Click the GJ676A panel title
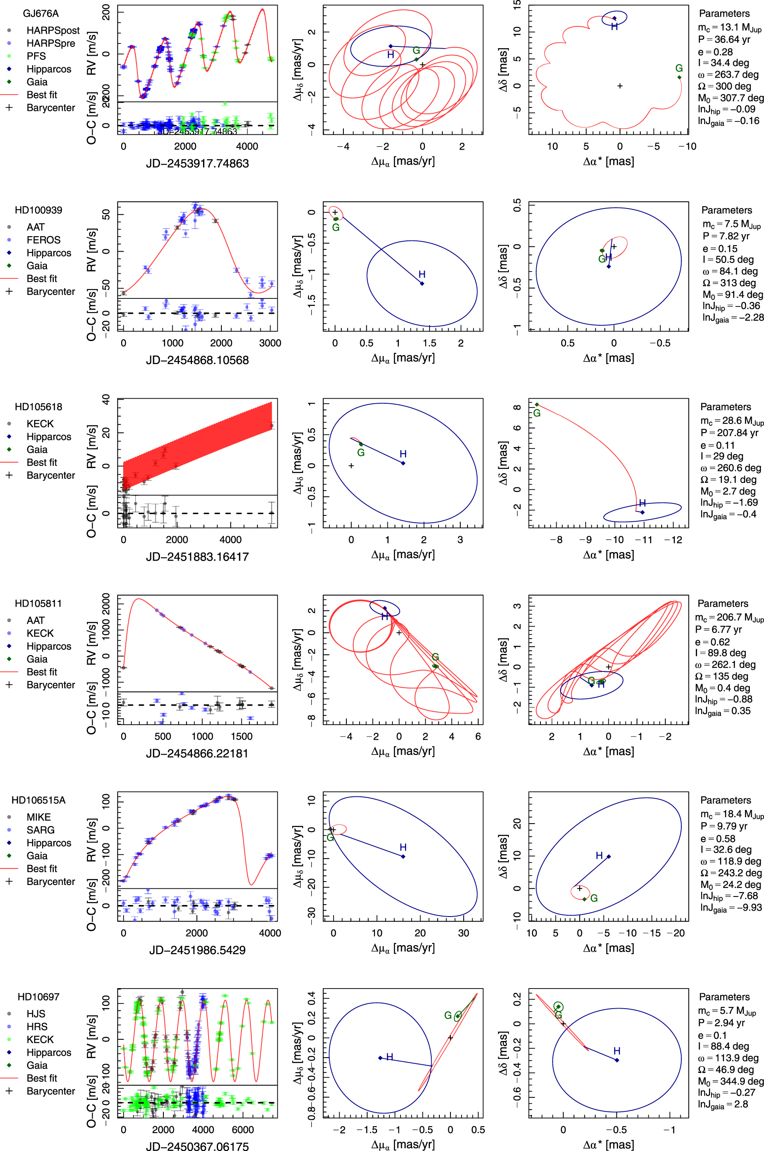click(x=41, y=14)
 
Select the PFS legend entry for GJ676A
click(x=36, y=56)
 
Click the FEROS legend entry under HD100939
click(x=44, y=240)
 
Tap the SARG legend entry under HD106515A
click(x=41, y=830)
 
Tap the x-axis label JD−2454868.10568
click(x=198, y=360)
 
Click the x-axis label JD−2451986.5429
click(x=198, y=950)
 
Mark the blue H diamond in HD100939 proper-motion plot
click(x=422, y=283)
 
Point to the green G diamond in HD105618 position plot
click(x=537, y=405)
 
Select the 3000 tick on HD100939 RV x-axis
click(x=270, y=343)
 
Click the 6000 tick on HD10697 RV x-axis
click(x=243, y=1130)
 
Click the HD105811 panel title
click(x=38, y=604)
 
